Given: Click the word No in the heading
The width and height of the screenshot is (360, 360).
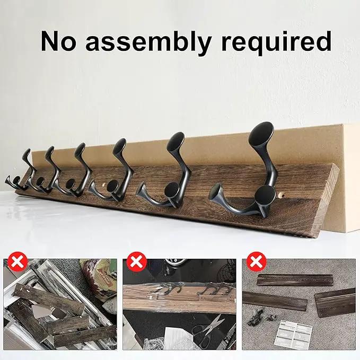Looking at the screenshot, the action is pyautogui.click(x=58, y=41).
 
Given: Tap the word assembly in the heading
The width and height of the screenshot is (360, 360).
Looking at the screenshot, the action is pyautogui.click(x=148, y=43).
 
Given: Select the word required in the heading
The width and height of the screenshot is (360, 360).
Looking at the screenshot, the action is pyautogui.click(x=276, y=43).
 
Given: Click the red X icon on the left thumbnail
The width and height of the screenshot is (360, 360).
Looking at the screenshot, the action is pyautogui.click(x=17, y=262).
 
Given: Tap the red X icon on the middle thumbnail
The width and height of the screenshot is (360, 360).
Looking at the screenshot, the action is pyautogui.click(x=137, y=262).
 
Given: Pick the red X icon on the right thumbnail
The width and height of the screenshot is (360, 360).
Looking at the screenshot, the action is pyautogui.click(x=257, y=262).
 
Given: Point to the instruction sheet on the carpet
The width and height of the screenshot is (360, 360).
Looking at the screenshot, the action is pyautogui.click(x=293, y=335).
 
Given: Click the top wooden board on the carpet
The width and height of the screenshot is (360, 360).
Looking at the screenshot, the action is pyautogui.click(x=295, y=280).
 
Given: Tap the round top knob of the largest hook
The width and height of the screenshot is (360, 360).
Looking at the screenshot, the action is pyautogui.click(x=261, y=134).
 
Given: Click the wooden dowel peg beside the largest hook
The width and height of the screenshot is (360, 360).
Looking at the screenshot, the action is pyautogui.click(x=280, y=196).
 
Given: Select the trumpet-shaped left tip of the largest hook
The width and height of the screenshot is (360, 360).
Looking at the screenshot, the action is pyautogui.click(x=216, y=195).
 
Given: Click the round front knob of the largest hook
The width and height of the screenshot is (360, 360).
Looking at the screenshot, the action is pyautogui.click(x=265, y=196).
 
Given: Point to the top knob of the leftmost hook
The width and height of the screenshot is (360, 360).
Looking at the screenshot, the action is pyautogui.click(x=27, y=154).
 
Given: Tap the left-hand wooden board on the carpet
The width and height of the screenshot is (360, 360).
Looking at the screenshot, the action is pyautogui.click(x=275, y=301).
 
